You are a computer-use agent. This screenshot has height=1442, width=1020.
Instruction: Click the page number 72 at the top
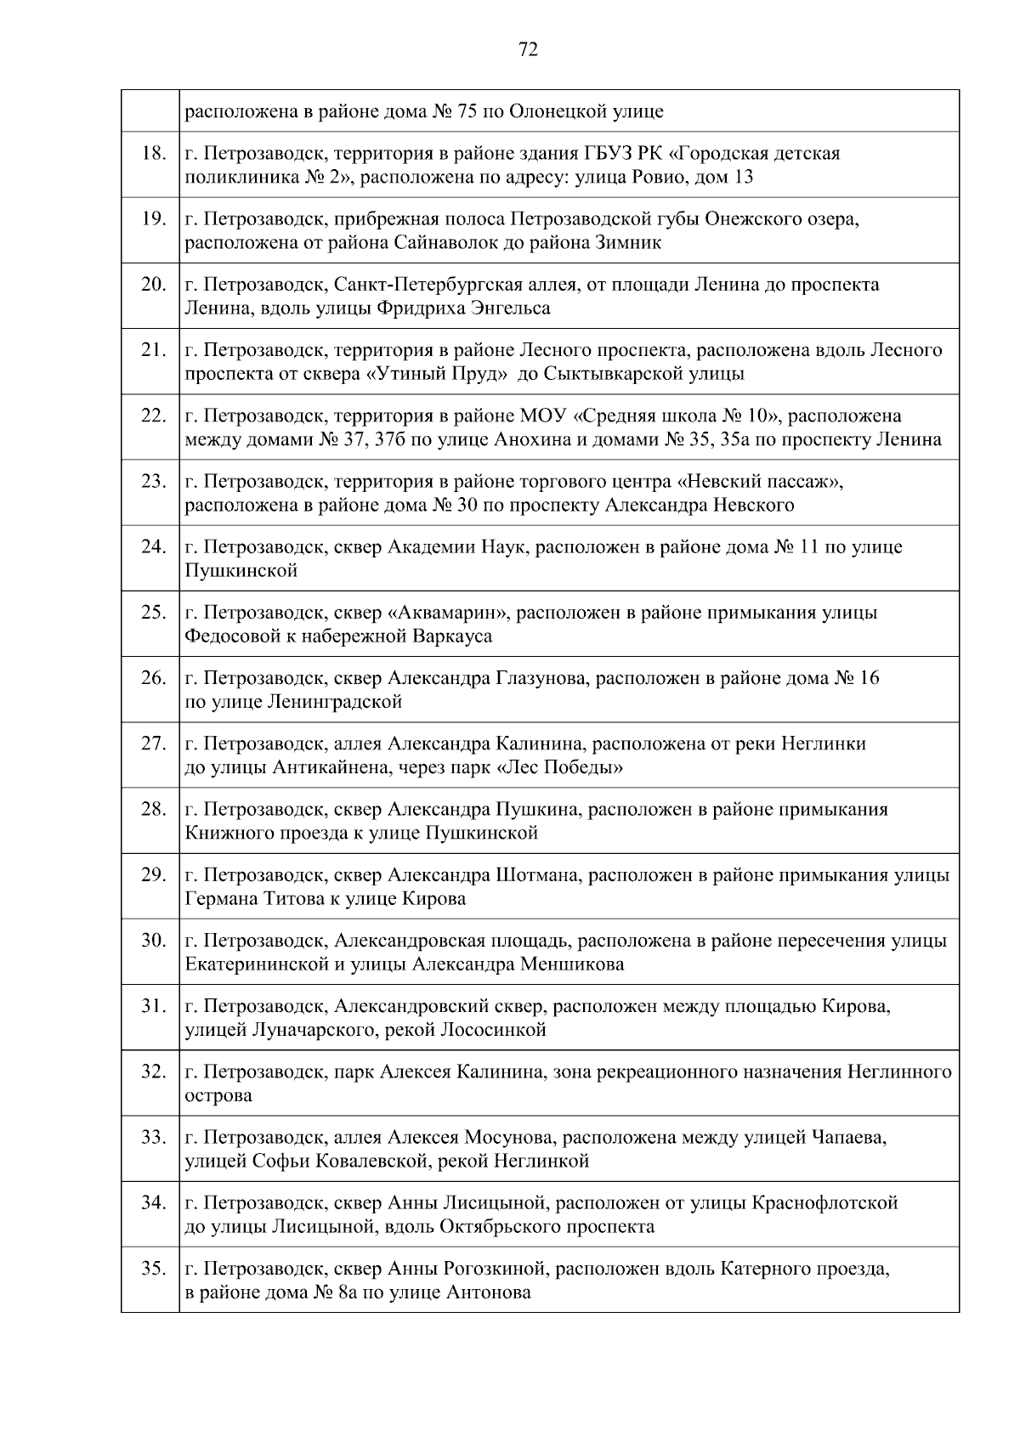point(528,50)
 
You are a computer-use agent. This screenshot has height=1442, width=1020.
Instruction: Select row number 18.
point(153,154)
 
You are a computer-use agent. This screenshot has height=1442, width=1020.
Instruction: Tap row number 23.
point(153,482)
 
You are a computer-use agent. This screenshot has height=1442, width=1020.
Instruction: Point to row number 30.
point(153,941)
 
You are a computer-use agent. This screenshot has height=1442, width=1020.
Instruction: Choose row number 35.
point(153,1269)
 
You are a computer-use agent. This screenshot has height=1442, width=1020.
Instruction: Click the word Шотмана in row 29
point(537,875)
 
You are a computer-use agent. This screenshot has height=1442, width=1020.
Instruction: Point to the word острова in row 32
point(218,1096)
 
